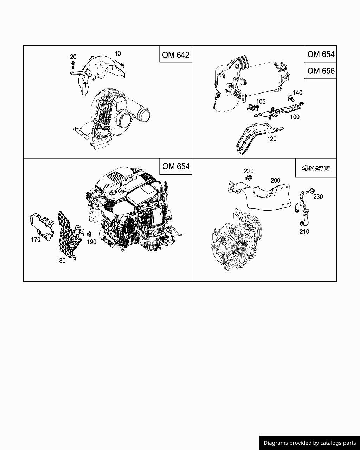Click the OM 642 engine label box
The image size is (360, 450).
point(175,55)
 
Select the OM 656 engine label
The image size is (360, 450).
point(320,71)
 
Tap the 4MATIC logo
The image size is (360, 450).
point(316,168)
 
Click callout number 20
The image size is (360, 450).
point(73,57)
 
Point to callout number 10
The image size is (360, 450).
point(118,53)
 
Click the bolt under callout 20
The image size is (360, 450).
point(72,65)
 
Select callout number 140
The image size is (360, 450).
point(297,93)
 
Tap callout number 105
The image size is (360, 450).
point(261,102)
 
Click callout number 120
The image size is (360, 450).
point(272,139)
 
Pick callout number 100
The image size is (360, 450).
point(295,117)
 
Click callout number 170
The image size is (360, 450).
point(36,240)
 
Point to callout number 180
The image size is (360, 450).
point(61,261)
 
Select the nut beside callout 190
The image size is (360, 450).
point(89,234)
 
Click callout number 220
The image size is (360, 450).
point(249,171)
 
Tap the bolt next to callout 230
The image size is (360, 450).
point(309,192)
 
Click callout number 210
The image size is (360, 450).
point(304,231)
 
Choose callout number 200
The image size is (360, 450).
point(275,180)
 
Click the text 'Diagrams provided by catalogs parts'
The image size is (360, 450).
point(310,443)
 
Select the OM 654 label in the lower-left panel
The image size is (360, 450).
point(176,166)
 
